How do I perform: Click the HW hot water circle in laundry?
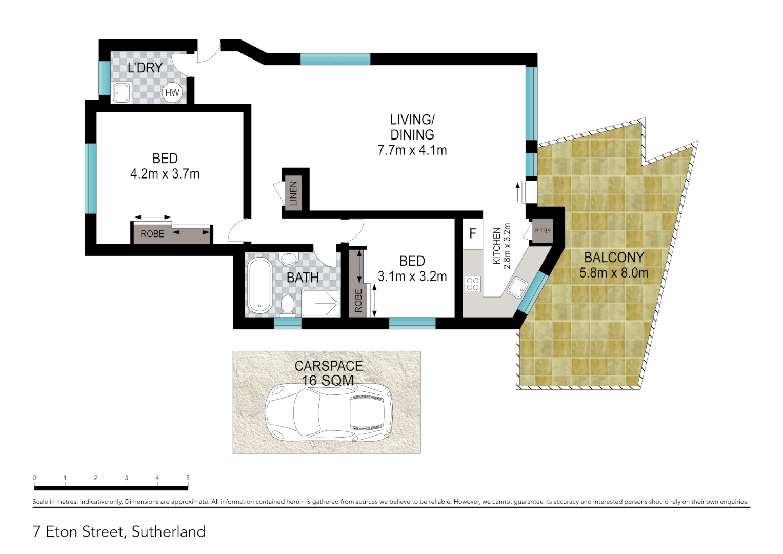pos(172,93)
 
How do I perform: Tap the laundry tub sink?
pos(122,93)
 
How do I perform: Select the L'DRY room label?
pos(145,68)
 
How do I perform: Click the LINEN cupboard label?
pos(293,193)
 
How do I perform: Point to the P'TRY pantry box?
pos(542,231)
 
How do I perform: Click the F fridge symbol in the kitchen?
pos(473,234)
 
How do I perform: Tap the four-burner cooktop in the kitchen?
pos(473,284)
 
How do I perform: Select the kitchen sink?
pos(517,287)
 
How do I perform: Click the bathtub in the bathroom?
pos(260,286)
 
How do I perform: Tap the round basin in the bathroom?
pos(289,258)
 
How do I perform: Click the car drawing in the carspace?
pos(329,413)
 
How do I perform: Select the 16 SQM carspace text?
pos(328,381)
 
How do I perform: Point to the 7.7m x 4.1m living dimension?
pos(412,150)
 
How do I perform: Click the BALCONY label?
pos(614,258)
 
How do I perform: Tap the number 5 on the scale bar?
pos(188,478)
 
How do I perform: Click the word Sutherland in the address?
pos(169,531)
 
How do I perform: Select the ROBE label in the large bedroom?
pos(152,234)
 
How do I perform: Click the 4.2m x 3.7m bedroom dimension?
pos(165,174)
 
